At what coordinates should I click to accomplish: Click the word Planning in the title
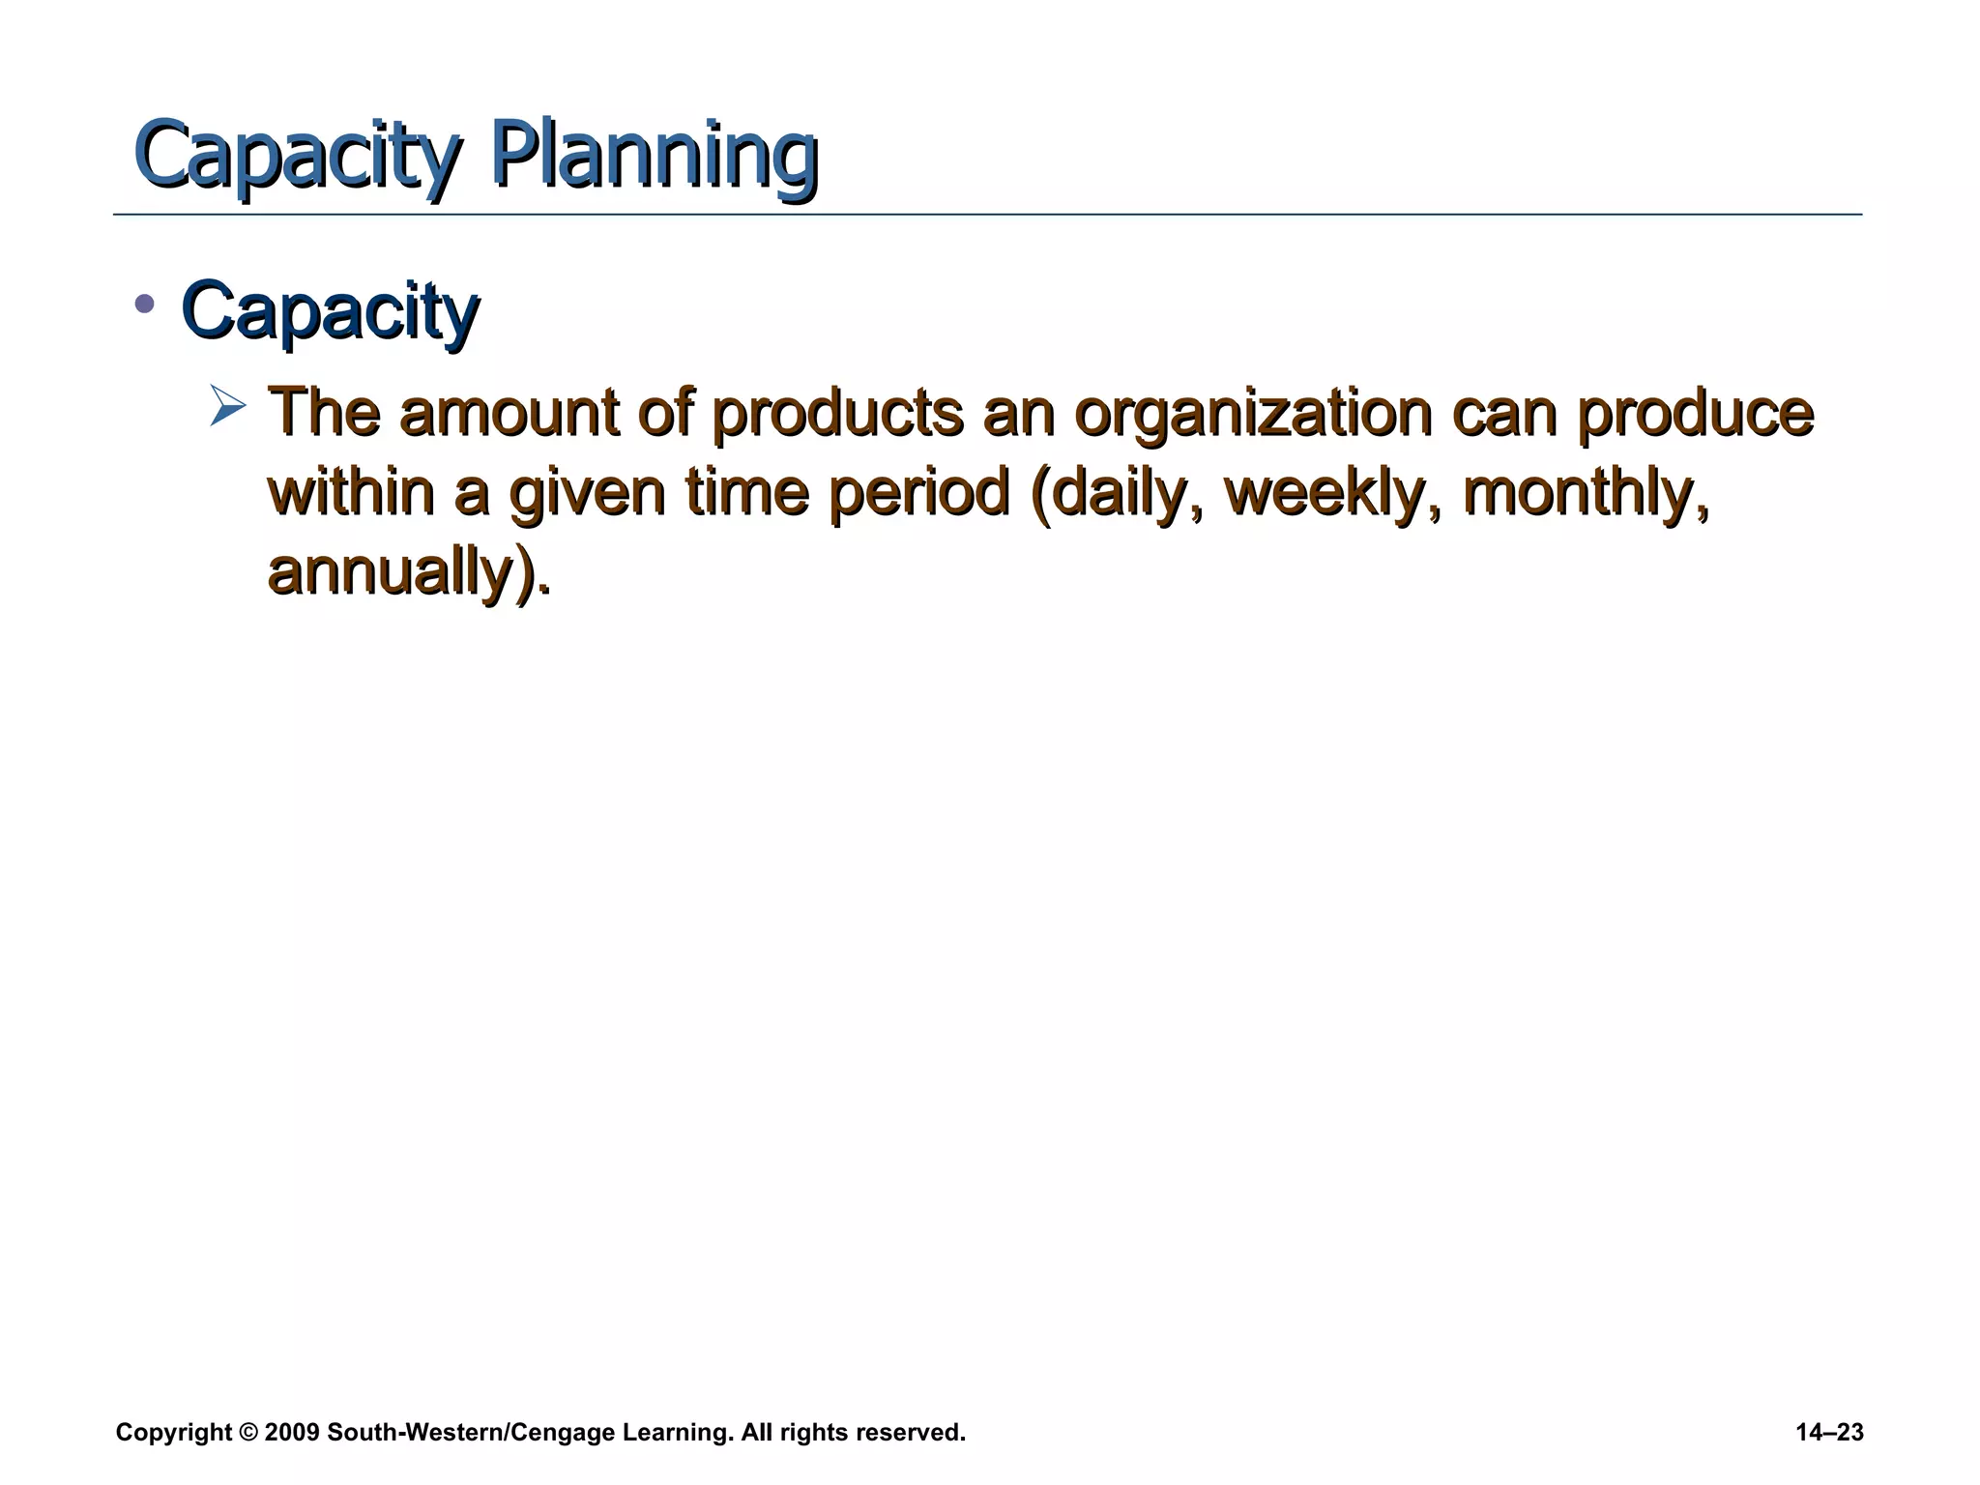[x=655, y=155]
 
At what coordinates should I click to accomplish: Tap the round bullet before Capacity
[x=145, y=305]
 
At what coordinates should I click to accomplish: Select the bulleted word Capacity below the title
[x=330, y=311]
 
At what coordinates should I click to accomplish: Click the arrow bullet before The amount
[x=228, y=406]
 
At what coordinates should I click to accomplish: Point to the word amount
[x=509, y=413]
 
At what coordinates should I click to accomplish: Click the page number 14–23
[x=1829, y=1433]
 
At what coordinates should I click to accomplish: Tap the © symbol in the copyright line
[x=247, y=1433]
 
